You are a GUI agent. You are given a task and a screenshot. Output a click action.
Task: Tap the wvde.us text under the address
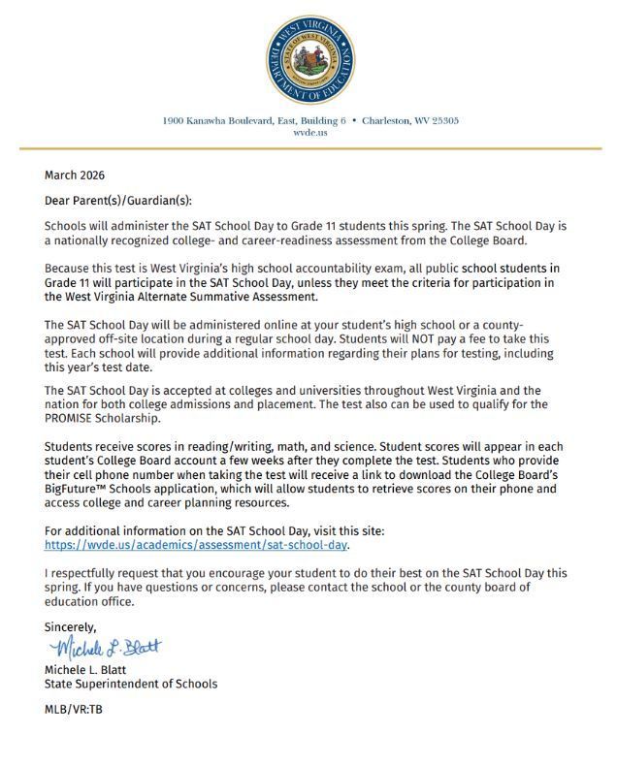tap(309, 133)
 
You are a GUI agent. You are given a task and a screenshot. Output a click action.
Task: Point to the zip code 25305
tap(442, 121)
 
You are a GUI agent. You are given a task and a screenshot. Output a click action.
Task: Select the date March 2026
tap(75, 176)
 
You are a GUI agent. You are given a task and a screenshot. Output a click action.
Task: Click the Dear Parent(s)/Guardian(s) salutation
tap(118, 201)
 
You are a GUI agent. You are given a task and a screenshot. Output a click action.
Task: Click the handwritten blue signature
tap(105, 647)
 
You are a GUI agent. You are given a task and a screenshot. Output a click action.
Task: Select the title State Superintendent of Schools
tap(131, 684)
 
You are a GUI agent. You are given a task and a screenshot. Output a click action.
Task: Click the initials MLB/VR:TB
tap(74, 709)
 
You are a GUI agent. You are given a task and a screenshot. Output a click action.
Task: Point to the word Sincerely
tap(71, 627)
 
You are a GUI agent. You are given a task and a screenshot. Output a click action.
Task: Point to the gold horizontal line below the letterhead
tap(309, 148)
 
